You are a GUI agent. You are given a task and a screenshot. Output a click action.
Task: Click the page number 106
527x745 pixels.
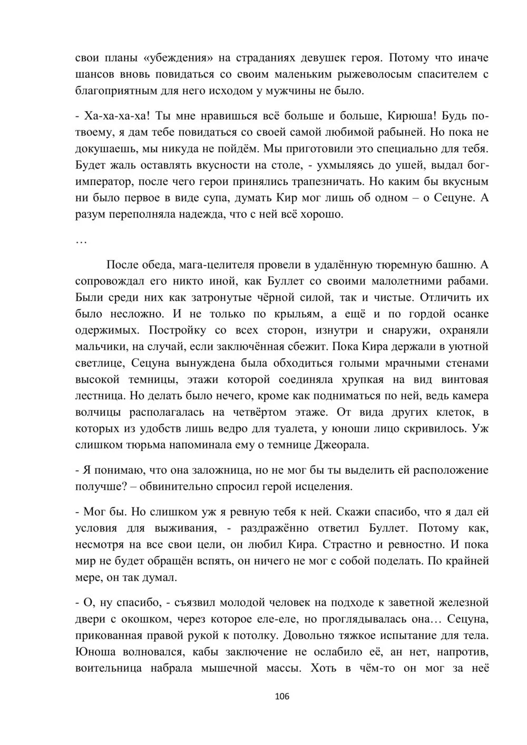pos(282,697)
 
